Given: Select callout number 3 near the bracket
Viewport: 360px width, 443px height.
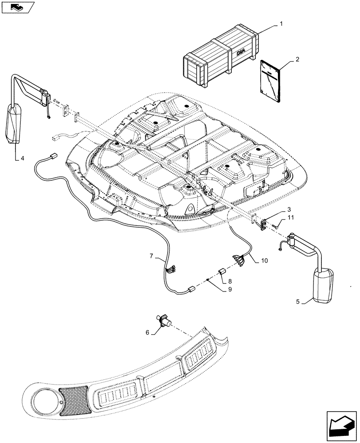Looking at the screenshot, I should click(x=288, y=209).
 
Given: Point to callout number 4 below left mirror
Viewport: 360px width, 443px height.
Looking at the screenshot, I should click(x=22, y=158).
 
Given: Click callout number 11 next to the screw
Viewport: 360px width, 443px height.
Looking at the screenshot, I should click(x=290, y=218).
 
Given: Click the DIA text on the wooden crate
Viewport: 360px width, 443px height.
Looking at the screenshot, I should click(x=240, y=52).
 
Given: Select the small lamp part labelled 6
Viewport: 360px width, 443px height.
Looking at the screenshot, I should click(x=166, y=320).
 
